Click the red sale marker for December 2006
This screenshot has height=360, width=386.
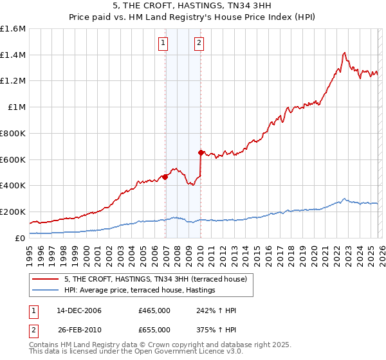click(x=165, y=177)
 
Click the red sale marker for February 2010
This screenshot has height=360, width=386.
click(x=201, y=152)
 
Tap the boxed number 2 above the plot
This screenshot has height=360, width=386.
click(x=199, y=44)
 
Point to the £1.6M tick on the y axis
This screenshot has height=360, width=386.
click(x=14, y=29)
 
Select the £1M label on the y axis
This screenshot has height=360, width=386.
click(x=17, y=107)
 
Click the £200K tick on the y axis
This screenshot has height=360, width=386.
click(x=14, y=212)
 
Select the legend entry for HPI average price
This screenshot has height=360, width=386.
click(x=139, y=291)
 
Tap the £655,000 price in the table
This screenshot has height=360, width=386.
click(x=154, y=329)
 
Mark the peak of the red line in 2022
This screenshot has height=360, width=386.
click(x=345, y=53)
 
